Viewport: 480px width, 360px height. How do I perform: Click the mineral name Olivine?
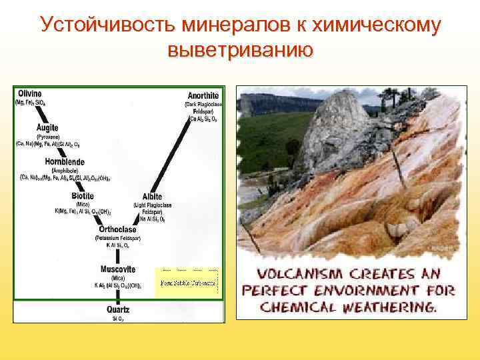click(29, 93)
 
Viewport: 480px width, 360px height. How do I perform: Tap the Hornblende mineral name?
click(65, 161)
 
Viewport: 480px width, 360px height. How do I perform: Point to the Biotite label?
click(83, 196)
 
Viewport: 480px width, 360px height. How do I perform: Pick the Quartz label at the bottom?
click(118, 309)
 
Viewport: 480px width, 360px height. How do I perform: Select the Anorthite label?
click(203, 95)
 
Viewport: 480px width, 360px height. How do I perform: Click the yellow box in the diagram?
click(187, 283)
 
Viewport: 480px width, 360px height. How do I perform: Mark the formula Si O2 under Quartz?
click(117, 318)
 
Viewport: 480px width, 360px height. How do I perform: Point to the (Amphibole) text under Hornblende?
click(64, 170)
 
